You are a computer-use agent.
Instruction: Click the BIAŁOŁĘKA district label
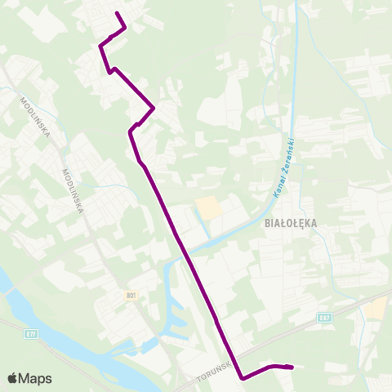pyautogui.click(x=287, y=222)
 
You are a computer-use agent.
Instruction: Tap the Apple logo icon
pyautogui.click(x=12, y=378)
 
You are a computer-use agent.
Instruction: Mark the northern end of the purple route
pyautogui.click(x=117, y=14)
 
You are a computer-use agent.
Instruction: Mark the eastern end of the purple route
pyautogui.click(x=292, y=367)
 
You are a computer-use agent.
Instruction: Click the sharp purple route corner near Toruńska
pyautogui.click(x=243, y=378)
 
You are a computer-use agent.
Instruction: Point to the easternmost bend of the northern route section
pyautogui.click(x=154, y=108)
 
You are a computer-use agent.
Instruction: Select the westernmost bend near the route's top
pyautogui.click(x=100, y=46)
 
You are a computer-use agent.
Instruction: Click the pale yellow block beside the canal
pyautogui.click(x=209, y=207)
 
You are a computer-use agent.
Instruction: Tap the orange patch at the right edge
pyautogui.click(x=378, y=308)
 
